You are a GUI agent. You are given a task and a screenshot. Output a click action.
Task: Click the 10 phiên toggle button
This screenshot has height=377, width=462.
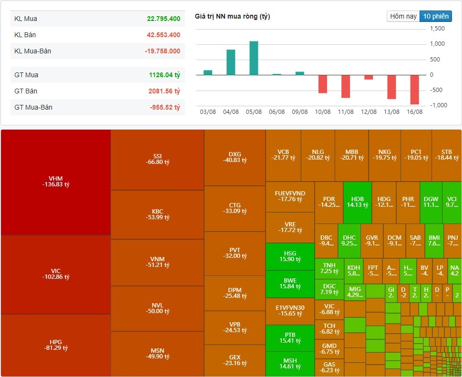[x=436, y=16]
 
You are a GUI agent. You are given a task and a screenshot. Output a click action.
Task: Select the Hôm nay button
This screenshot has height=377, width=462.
[x=403, y=16]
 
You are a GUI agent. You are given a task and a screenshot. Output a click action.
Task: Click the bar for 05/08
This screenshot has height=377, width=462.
[x=254, y=58]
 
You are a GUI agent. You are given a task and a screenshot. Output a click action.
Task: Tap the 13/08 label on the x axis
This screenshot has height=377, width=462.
[x=392, y=112]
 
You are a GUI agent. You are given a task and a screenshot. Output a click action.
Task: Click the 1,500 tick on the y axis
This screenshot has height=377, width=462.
[x=437, y=29]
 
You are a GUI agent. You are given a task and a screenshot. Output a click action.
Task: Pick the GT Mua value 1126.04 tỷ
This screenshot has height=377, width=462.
[x=164, y=75]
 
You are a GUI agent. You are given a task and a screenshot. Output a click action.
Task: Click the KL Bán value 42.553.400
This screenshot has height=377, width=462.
[x=163, y=35]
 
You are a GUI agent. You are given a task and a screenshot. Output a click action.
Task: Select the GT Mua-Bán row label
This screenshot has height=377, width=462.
[x=33, y=107]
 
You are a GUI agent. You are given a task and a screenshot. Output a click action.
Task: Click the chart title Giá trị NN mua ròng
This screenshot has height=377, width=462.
[x=232, y=17]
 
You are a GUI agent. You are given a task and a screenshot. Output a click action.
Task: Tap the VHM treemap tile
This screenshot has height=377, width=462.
[x=56, y=182]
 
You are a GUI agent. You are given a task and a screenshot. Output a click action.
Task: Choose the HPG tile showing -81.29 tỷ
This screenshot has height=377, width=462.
[x=56, y=345]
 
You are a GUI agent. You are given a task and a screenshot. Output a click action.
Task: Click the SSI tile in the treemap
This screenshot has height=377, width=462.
[x=157, y=159]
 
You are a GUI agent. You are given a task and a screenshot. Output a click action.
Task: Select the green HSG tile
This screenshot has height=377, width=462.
[x=290, y=256]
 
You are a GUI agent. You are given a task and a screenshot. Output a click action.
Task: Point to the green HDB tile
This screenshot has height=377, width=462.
[x=357, y=202]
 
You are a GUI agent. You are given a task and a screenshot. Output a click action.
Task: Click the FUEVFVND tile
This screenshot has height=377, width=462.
[x=290, y=196]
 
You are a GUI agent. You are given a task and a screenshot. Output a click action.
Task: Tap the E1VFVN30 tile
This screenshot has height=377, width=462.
[x=290, y=311]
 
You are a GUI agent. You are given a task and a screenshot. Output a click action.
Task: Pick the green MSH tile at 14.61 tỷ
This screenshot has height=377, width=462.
[x=290, y=364]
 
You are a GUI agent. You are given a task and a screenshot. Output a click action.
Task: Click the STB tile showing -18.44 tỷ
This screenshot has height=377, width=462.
[x=447, y=155]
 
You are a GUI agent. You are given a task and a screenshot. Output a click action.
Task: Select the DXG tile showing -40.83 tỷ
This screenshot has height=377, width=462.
[x=235, y=157]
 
